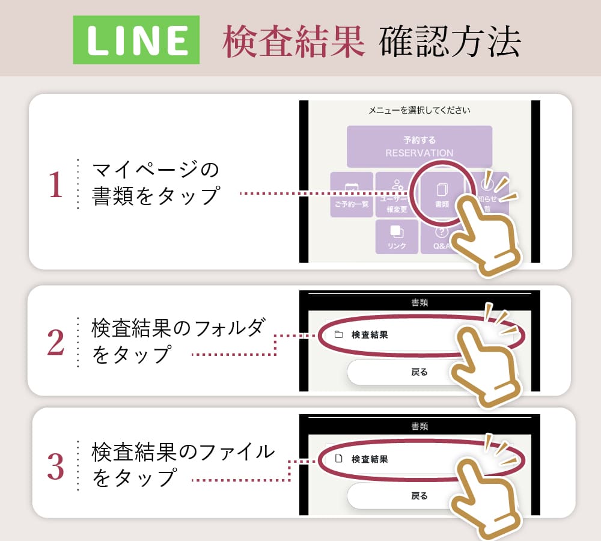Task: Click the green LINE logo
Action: pyautogui.click(x=136, y=40)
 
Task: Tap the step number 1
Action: pyautogui.click(x=55, y=185)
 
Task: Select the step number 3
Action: pyautogui.click(x=55, y=466)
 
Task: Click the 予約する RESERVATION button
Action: pyautogui.click(x=419, y=146)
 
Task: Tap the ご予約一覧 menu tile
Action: pyautogui.click(x=352, y=194)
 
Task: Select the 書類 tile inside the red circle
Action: pyautogui.click(x=442, y=194)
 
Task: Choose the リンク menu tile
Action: pyautogui.click(x=397, y=236)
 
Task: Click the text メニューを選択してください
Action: pyautogui.click(x=419, y=111)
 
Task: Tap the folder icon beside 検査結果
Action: pyautogui.click(x=338, y=335)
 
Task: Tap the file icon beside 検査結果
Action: pyautogui.click(x=338, y=459)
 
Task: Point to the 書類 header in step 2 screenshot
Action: pyautogui.click(x=419, y=302)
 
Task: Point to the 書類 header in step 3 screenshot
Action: pyautogui.click(x=419, y=426)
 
